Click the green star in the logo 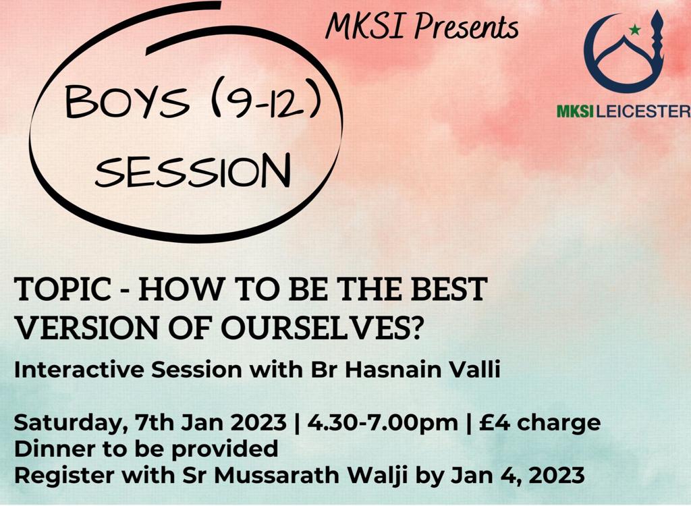[x=634, y=30]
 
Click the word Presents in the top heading [x=466, y=28]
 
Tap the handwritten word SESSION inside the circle [x=192, y=170]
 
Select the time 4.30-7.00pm [x=382, y=423]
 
